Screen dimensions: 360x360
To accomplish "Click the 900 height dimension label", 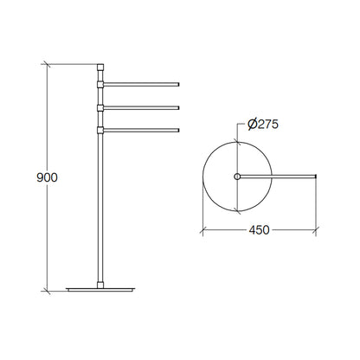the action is point(47,177).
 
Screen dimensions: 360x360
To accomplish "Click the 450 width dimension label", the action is point(259,230).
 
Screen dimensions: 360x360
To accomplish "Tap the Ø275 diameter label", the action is point(263,125).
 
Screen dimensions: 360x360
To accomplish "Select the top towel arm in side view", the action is point(141,84).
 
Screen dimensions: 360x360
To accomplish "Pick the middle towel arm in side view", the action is point(141,107).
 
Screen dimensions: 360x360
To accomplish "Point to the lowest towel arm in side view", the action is point(141,131).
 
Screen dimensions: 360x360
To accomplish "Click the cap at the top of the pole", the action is point(100,67).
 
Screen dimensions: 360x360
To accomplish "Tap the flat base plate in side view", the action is point(100,289).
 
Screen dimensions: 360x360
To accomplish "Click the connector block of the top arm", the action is point(100,84).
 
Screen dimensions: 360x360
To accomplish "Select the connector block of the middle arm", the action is point(100,107).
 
